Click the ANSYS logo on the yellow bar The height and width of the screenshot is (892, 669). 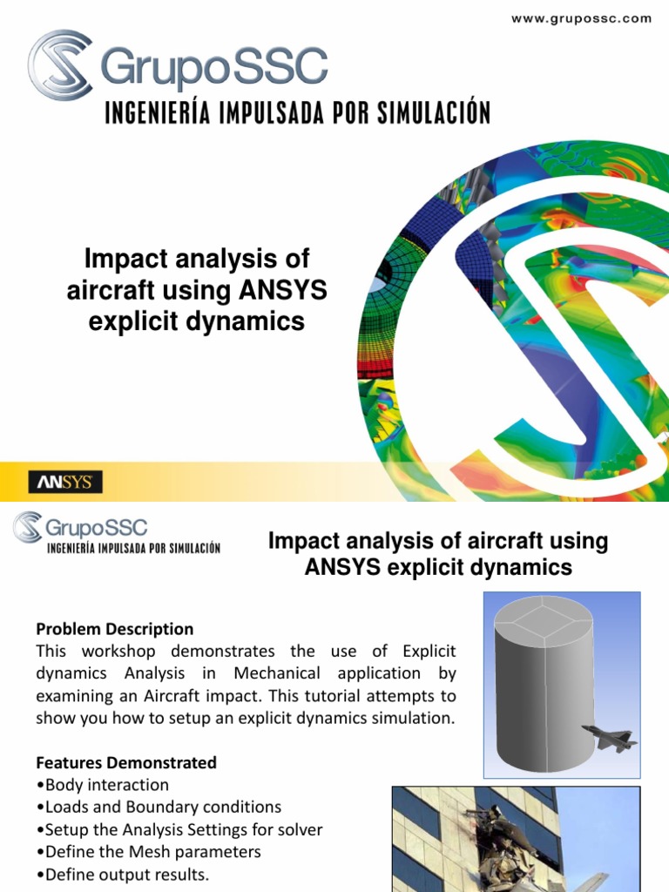(x=66, y=482)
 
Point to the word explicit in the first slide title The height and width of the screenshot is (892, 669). (x=131, y=321)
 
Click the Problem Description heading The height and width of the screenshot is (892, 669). (x=114, y=629)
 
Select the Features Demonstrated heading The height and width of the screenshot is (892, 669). (x=126, y=762)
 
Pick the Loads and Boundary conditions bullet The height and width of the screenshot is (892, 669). (x=159, y=808)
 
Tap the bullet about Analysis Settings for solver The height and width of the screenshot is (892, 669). (x=177, y=829)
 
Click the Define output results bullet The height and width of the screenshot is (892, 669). (x=123, y=875)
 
